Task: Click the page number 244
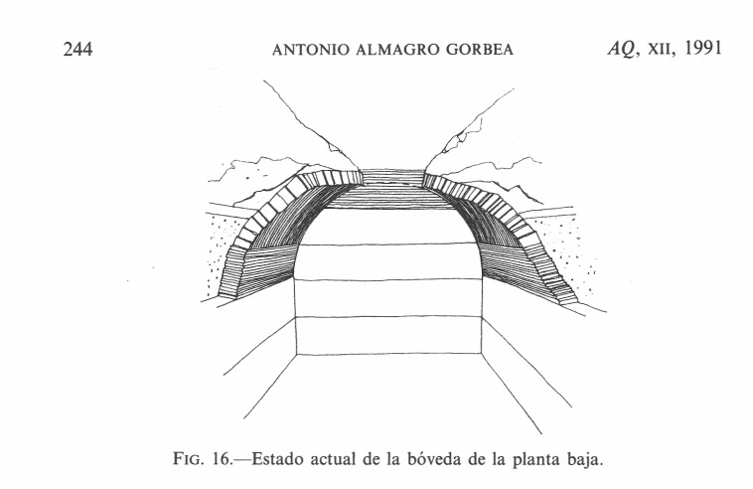[77, 49]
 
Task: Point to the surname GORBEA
[480, 50]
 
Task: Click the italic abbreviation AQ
[623, 49]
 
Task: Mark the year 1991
[703, 48]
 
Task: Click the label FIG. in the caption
[189, 460]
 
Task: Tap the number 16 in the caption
[222, 460]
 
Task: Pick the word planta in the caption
[536, 460]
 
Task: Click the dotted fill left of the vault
[220, 249]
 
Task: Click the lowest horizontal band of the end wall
[388, 335]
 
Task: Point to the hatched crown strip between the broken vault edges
[392, 177]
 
